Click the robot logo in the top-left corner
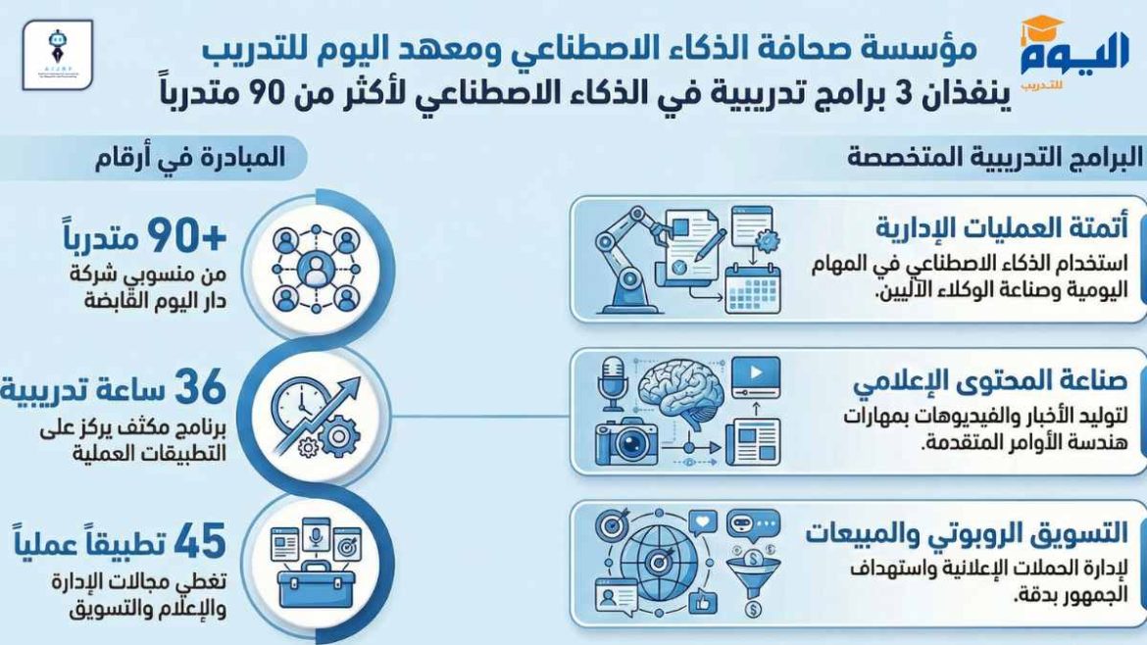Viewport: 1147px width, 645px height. [57, 54]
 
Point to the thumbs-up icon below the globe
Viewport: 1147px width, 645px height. [704, 600]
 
